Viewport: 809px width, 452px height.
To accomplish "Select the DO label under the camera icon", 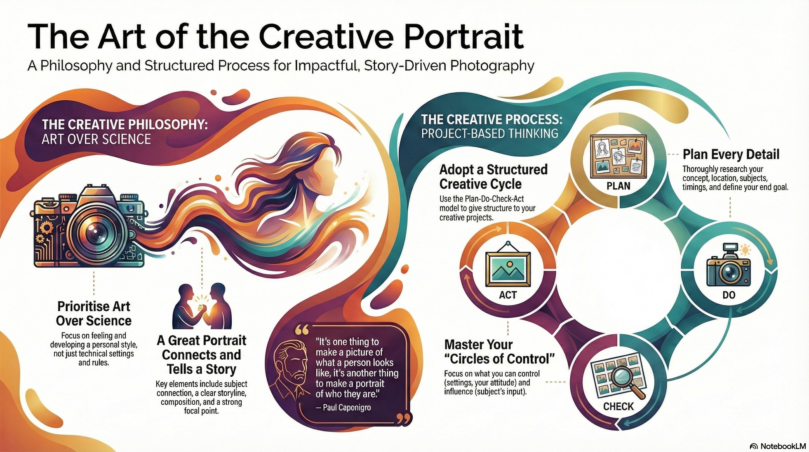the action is coord(729,295).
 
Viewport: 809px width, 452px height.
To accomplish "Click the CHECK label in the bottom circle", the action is coord(619,406).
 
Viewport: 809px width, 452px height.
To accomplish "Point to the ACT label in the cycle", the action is coord(508,295).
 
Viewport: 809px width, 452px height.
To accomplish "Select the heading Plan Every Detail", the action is coord(731,155).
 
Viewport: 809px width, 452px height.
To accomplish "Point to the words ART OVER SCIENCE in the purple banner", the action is coord(96,139).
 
